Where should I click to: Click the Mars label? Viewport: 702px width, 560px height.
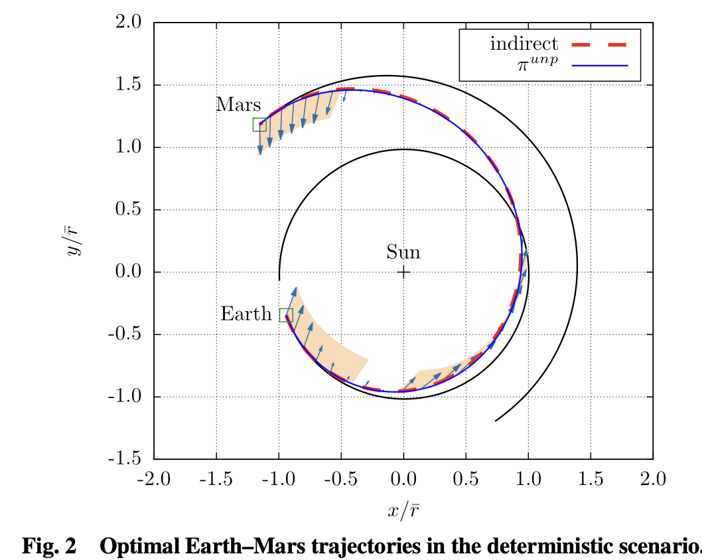click(238, 105)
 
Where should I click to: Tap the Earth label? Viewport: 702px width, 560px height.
click(246, 314)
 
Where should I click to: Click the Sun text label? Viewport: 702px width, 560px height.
click(403, 252)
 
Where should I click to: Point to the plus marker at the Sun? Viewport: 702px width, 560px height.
click(403, 272)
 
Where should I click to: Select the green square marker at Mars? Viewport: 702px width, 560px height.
click(259, 125)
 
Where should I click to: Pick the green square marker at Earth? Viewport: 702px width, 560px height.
click(286, 315)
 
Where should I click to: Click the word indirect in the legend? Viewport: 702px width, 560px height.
click(524, 44)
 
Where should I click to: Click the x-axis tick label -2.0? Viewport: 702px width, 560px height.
click(154, 479)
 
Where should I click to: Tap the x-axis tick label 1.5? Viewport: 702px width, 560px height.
click(591, 479)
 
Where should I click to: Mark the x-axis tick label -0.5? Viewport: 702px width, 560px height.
click(341, 479)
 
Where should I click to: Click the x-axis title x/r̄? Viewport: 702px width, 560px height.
click(403, 510)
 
